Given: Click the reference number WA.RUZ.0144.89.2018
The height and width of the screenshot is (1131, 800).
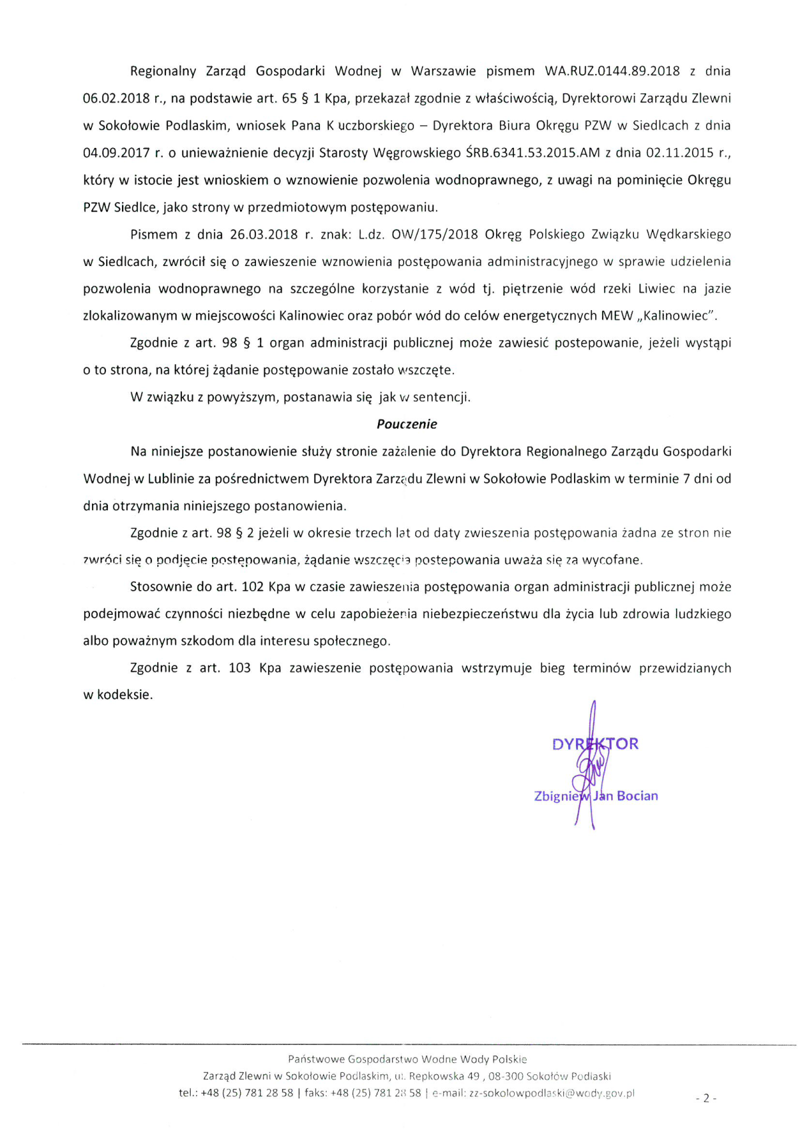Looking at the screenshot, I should (x=612, y=71).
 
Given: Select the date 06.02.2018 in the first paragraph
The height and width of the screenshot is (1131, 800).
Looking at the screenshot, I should (x=116, y=99).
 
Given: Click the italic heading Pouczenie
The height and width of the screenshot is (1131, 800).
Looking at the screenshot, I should (x=407, y=424).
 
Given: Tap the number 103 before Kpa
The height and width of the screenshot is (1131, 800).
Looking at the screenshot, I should (x=239, y=668).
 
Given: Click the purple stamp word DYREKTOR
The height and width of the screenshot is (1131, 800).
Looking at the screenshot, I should (x=595, y=744).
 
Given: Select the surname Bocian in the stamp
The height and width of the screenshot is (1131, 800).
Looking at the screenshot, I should (x=637, y=796).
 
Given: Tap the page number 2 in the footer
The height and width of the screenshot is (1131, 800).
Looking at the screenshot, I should (x=706, y=1098).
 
